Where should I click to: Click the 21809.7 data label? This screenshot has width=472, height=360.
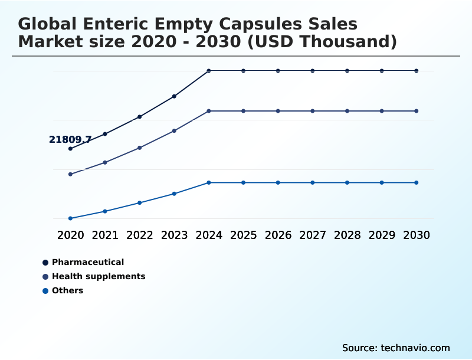(70, 140)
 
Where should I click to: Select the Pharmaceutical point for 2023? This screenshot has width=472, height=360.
(174, 96)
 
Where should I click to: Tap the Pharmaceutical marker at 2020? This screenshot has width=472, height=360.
(70, 149)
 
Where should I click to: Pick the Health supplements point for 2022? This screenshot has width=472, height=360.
(139, 148)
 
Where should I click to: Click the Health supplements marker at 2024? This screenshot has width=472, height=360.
(209, 111)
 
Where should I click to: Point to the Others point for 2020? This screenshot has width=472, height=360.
(70, 218)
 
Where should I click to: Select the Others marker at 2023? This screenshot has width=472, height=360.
(174, 194)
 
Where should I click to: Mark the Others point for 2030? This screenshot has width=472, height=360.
(417, 182)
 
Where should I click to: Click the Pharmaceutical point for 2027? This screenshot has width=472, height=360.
(313, 71)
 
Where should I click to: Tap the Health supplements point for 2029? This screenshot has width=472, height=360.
(382, 111)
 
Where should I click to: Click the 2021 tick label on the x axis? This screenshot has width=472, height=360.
(105, 235)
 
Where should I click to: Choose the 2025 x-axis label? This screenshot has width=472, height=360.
(243, 235)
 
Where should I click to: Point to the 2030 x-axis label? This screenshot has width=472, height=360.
(417, 235)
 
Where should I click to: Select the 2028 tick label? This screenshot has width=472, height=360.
(347, 235)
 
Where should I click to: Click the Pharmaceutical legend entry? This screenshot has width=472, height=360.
(88, 262)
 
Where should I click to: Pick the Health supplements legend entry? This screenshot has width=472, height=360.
(99, 276)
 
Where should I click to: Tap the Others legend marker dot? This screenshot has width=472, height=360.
(45, 291)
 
